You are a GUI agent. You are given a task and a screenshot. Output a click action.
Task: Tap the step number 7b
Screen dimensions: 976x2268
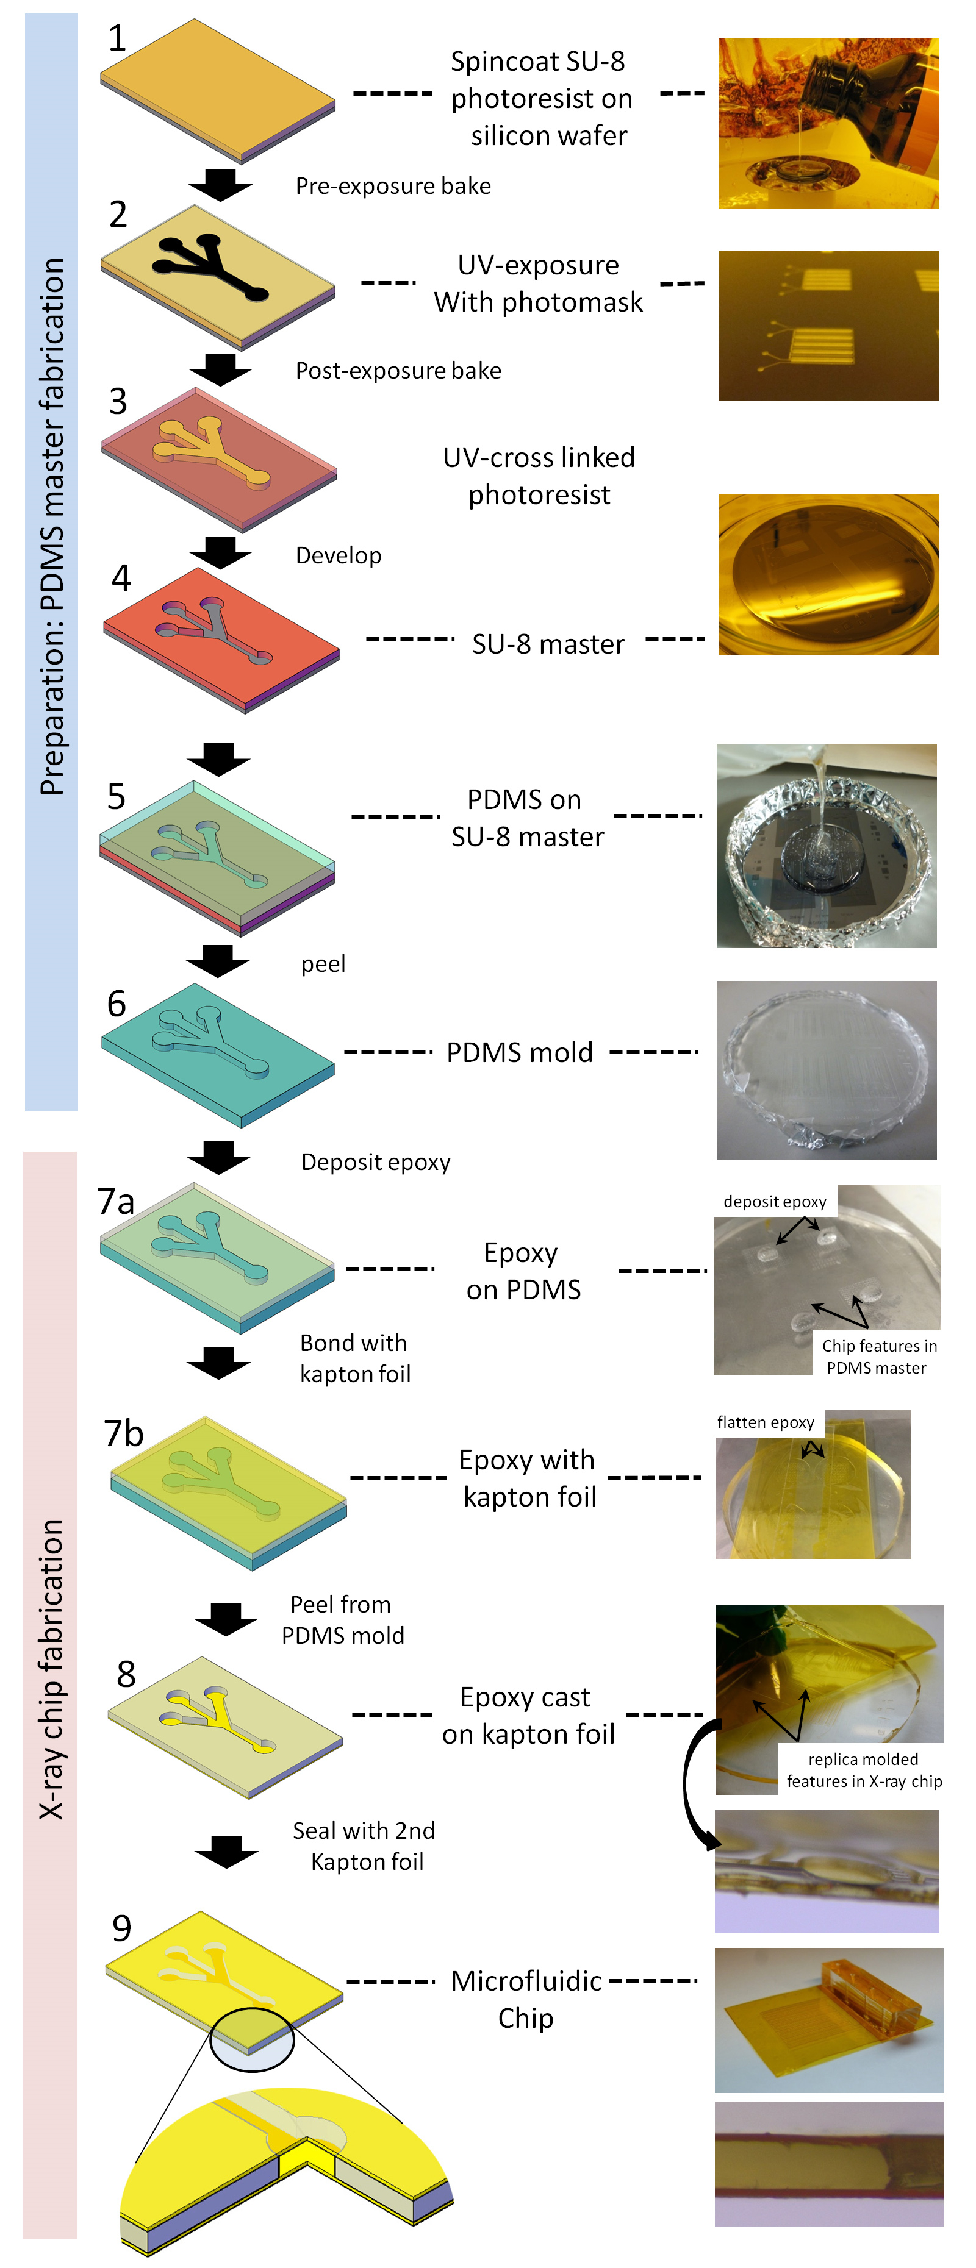click(x=123, y=1433)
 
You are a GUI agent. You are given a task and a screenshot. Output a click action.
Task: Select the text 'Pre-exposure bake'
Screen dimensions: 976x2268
click(x=393, y=186)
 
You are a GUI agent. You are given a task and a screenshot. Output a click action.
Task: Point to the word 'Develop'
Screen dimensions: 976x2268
click(x=339, y=555)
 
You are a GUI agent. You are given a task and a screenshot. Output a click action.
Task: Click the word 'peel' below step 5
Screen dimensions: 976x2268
click(x=323, y=964)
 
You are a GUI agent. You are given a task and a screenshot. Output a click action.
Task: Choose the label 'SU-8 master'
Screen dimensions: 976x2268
click(x=548, y=644)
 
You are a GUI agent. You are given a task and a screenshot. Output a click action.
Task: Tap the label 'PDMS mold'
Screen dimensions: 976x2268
click(x=520, y=1052)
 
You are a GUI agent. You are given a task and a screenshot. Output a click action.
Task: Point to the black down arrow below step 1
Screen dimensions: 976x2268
click(x=220, y=184)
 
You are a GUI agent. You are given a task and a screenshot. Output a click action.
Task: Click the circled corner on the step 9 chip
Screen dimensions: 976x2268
click(x=252, y=2040)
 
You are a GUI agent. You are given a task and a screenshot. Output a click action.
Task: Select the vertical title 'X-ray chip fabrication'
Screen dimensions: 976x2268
click(x=51, y=1669)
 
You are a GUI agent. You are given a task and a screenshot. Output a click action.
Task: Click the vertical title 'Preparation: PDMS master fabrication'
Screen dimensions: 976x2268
click(x=52, y=527)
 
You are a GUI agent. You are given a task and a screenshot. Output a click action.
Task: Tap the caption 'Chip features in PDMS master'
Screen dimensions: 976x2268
click(x=878, y=1356)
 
